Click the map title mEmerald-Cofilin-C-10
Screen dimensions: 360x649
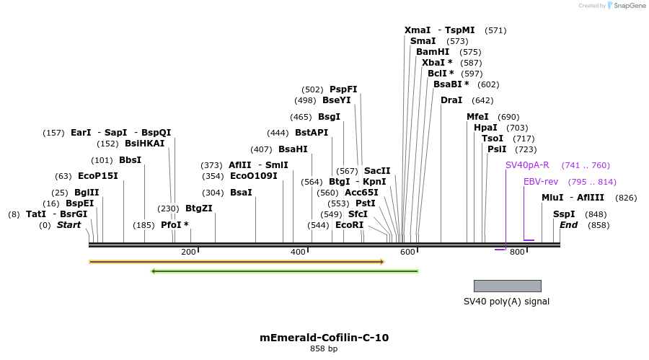click(324, 337)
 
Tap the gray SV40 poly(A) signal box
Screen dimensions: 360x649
click(507, 286)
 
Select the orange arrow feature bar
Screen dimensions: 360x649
click(237, 262)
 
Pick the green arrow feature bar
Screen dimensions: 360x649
click(284, 271)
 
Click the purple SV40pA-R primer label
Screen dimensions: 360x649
click(527, 165)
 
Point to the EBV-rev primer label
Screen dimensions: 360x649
click(541, 182)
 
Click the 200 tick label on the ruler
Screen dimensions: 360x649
click(188, 252)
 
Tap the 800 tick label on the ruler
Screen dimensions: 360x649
click(517, 252)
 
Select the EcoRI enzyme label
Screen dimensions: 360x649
click(349, 225)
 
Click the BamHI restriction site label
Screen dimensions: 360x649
click(433, 52)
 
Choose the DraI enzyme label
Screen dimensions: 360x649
click(451, 100)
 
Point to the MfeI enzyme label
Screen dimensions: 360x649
click(477, 117)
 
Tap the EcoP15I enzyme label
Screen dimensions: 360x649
click(97, 176)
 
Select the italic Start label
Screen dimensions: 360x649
click(69, 225)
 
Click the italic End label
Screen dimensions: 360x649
click(568, 225)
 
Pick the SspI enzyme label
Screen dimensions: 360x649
click(564, 214)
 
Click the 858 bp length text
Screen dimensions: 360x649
click(324, 349)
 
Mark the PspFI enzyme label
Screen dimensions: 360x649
click(343, 89)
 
